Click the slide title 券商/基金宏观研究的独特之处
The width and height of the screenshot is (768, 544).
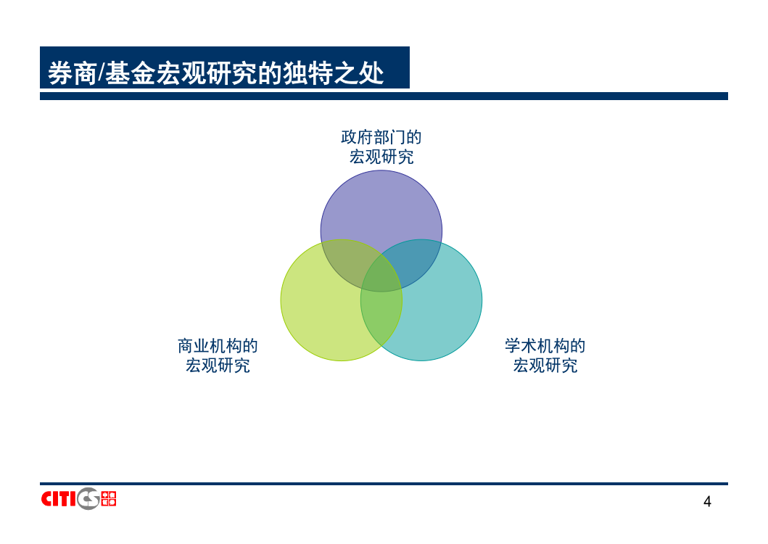[215, 73]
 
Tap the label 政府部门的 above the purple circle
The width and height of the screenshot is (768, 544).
[381, 137]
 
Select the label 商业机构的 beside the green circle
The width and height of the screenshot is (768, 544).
[218, 346]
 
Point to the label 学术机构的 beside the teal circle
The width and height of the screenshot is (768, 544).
[545, 346]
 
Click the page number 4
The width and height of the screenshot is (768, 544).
[707, 501]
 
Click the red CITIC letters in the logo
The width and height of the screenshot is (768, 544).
[59, 499]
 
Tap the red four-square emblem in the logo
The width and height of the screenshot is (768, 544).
[108, 499]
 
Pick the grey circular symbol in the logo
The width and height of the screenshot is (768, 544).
[88, 499]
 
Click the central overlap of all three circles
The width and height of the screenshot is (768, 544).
[381, 275]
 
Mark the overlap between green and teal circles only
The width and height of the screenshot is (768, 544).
[381, 318]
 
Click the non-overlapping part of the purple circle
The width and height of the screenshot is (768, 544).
[381, 206]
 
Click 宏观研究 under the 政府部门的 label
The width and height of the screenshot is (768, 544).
[381, 157]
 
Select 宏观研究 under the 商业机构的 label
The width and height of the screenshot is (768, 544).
[218, 366]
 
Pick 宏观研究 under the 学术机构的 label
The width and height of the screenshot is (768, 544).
[545, 366]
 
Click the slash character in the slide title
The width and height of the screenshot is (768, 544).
[101, 73]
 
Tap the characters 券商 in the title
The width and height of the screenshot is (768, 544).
[72, 73]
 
